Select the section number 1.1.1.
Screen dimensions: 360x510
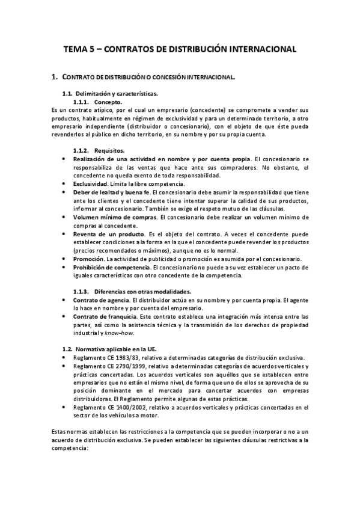tap(81, 102)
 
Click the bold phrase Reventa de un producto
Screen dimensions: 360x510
tap(105, 233)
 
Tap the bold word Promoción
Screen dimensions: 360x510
tap(88, 259)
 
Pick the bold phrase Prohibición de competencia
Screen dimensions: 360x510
tap(112, 267)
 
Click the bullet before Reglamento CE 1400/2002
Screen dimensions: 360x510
tap(64, 408)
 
